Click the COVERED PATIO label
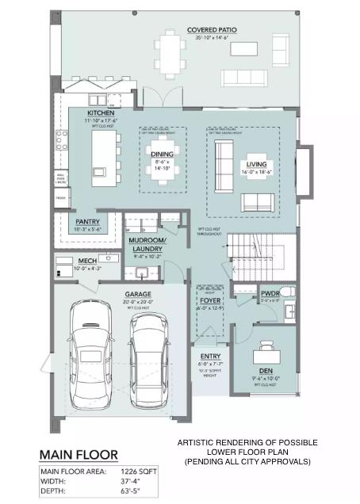click(212, 30)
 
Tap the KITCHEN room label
click(101, 113)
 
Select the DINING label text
click(162, 154)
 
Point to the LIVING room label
click(256, 164)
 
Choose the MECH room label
click(87, 260)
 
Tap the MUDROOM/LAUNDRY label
click(148, 244)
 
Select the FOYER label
click(209, 300)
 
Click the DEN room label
click(266, 371)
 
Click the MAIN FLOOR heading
click(79, 454)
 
